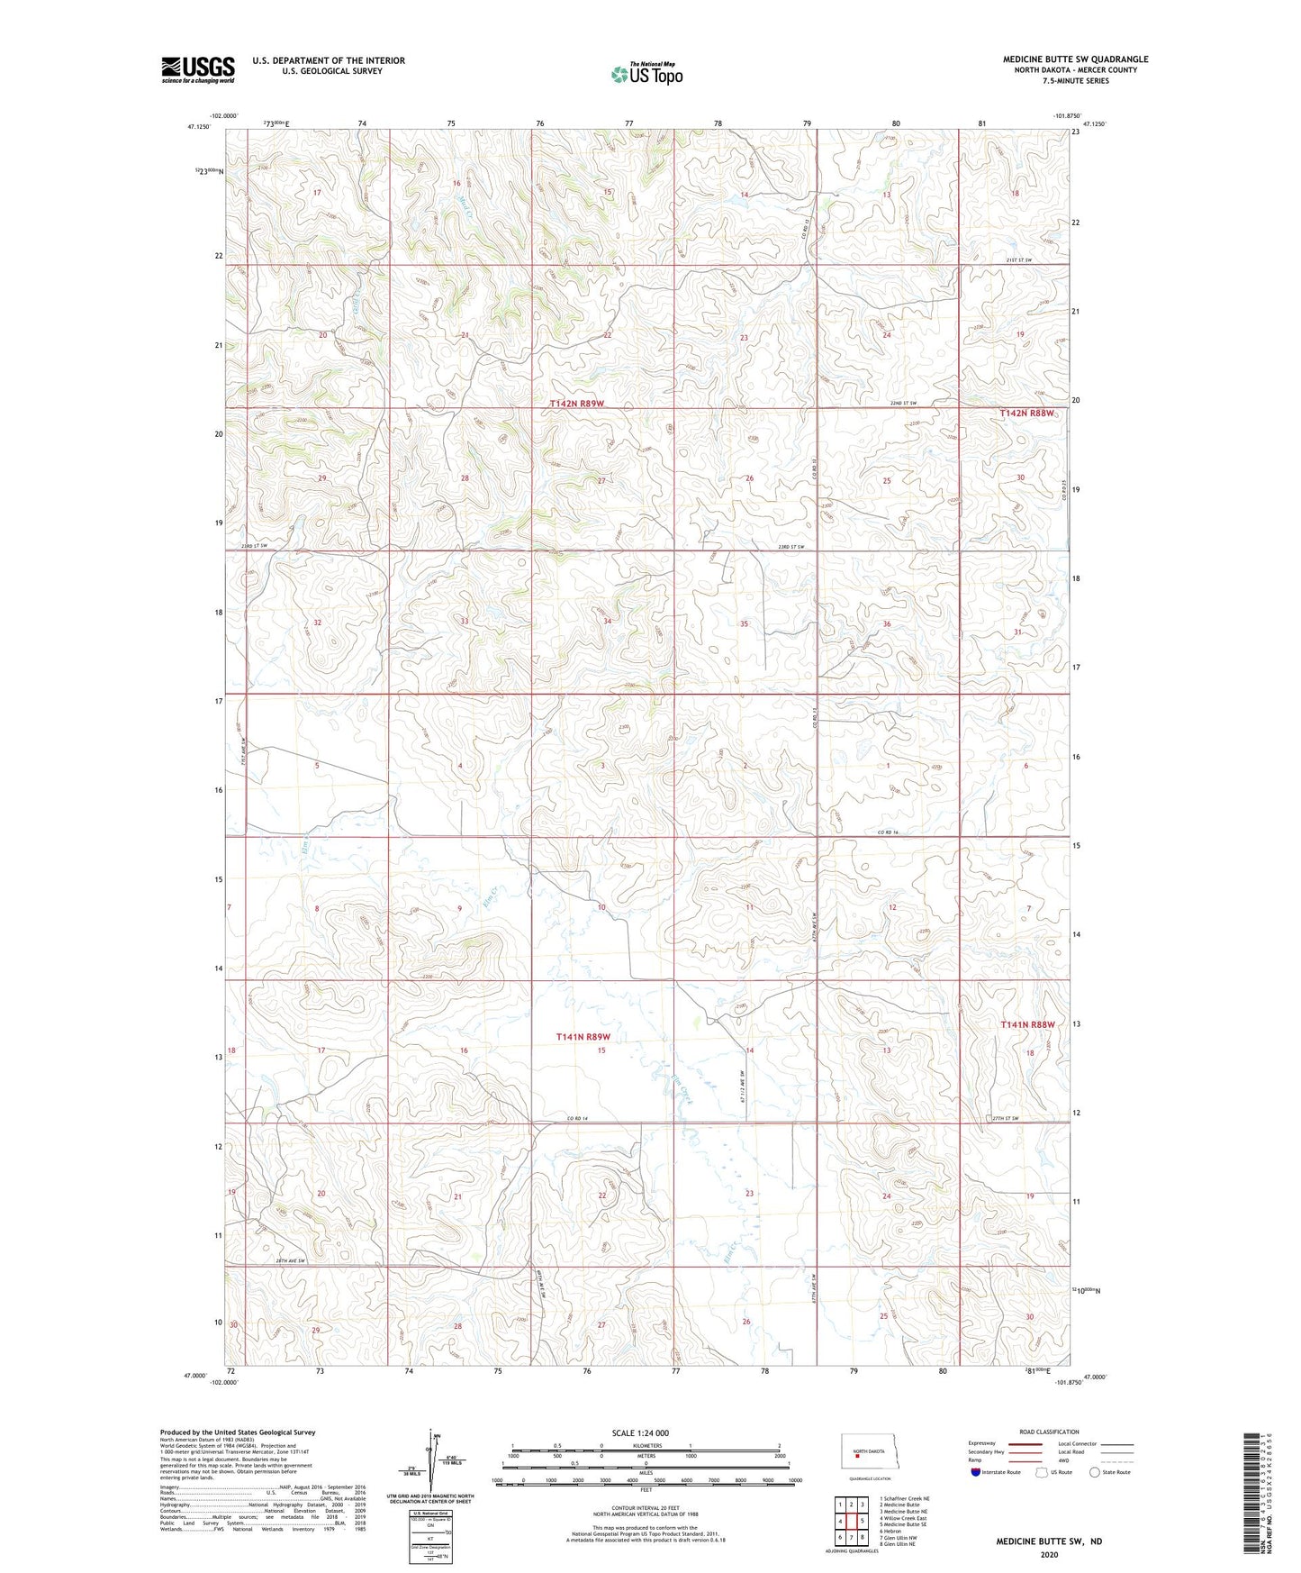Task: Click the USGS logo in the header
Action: (198, 69)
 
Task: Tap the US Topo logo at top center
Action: (646, 74)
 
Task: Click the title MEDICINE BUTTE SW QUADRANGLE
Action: (1075, 59)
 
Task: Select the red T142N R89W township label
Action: (576, 405)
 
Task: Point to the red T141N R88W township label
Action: (1026, 1024)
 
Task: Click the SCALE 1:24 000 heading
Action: (641, 1432)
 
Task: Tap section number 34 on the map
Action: (608, 622)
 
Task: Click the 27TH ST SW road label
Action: (1006, 1118)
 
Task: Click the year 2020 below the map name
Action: (1048, 1554)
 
